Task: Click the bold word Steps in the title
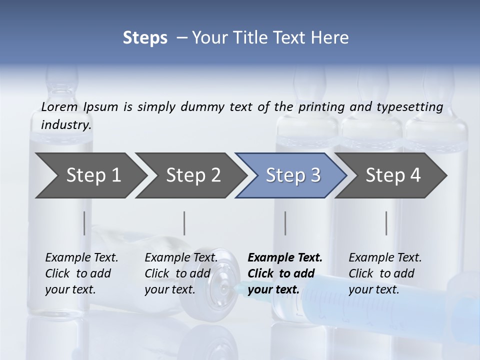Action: tap(145, 38)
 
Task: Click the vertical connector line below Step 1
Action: tap(84, 223)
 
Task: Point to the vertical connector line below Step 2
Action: tap(184, 223)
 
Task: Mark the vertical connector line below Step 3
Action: tap(285, 223)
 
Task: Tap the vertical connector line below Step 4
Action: tap(386, 223)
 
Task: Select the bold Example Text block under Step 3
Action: tap(285, 273)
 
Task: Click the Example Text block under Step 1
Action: tap(81, 273)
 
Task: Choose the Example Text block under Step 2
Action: tap(181, 273)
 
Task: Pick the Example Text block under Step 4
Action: tap(385, 273)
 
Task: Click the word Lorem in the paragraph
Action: tap(59, 107)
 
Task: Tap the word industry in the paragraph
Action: tap(66, 125)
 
